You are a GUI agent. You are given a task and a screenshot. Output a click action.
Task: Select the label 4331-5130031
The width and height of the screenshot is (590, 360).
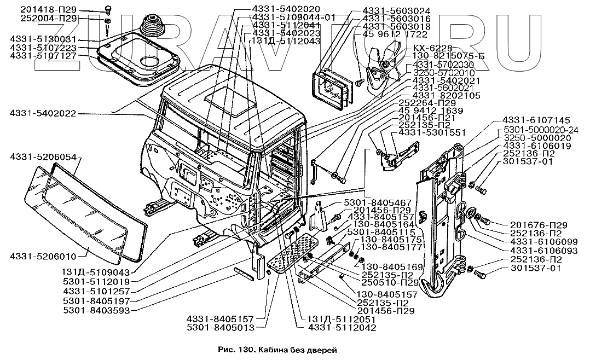tap(44, 39)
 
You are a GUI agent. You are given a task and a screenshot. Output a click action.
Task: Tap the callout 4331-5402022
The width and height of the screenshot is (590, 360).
tap(43, 114)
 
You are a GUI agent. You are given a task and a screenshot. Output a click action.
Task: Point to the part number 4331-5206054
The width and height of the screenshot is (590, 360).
tap(43, 156)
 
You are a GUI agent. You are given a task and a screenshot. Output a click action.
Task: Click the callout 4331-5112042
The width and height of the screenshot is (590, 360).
tap(342, 328)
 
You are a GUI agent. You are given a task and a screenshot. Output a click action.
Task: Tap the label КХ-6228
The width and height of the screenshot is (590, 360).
tap(425, 48)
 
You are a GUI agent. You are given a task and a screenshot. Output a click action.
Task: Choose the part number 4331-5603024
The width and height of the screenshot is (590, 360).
tap(396, 10)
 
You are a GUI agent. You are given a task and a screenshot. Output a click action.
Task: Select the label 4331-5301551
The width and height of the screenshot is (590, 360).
tap(432, 132)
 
